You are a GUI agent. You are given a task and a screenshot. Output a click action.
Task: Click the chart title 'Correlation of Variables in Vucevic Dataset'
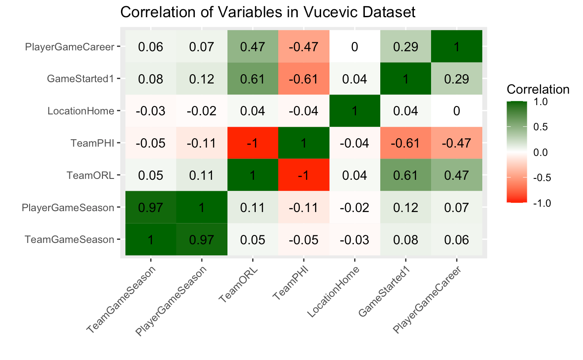tap(268, 12)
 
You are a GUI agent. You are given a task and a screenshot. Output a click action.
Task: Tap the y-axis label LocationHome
tap(81, 111)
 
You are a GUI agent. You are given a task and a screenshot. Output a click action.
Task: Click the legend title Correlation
tap(538, 90)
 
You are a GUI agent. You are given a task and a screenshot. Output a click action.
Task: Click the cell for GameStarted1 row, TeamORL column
tap(253, 79)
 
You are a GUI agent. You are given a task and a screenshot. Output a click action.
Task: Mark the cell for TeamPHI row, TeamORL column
tap(253, 143)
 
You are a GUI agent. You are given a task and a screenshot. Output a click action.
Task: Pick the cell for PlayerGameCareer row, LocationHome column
tap(355, 46)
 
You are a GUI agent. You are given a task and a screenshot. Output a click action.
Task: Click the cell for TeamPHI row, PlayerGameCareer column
tap(456, 143)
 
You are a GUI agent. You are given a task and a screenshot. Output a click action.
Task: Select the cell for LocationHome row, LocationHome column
tap(355, 110)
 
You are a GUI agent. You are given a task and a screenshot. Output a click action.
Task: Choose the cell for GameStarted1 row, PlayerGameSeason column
tap(202, 79)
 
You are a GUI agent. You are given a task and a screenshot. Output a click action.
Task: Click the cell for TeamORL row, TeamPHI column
tap(303, 175)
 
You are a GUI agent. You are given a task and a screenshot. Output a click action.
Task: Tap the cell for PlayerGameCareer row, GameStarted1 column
tap(405, 46)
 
